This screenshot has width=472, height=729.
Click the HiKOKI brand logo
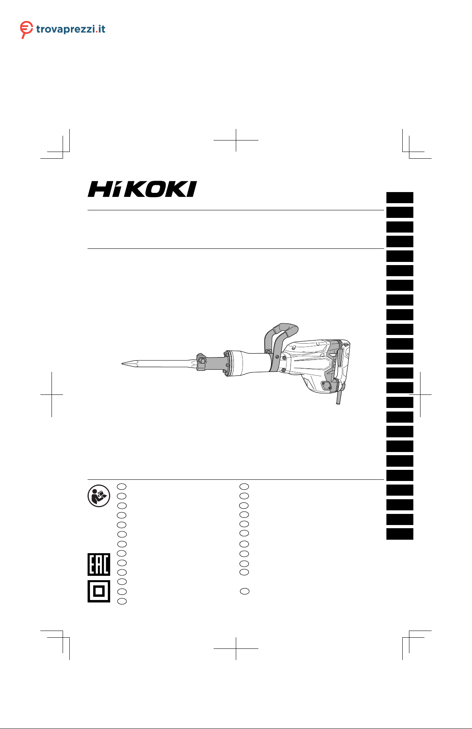pos(142,189)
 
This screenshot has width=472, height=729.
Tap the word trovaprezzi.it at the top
pos(71,29)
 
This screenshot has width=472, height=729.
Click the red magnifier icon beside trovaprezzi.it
pos(26,29)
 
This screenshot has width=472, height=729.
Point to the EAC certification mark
pos(99,564)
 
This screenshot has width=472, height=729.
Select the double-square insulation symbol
pos(99,591)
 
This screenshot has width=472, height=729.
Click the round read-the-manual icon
pos(99,496)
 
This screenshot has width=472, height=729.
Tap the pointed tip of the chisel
pos(122,363)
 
